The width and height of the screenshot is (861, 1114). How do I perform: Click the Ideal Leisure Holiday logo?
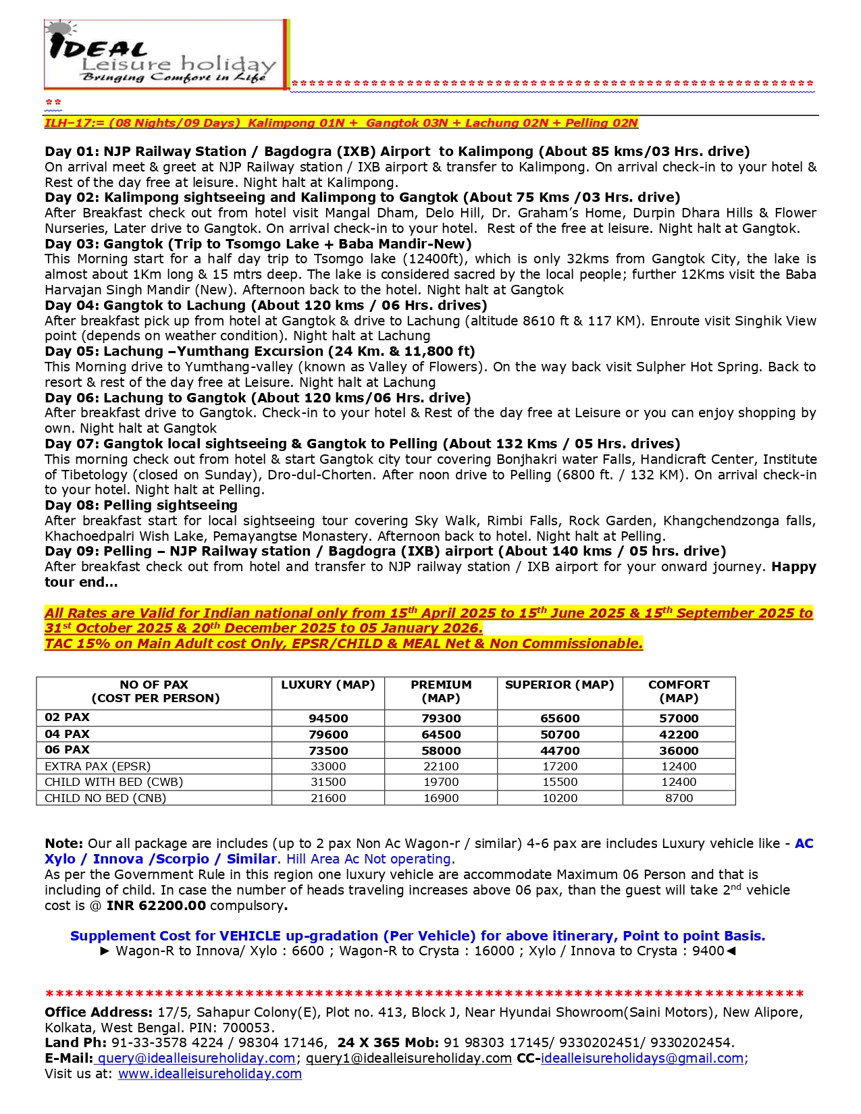(166, 54)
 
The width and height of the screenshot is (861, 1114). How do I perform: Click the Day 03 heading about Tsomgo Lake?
(258, 244)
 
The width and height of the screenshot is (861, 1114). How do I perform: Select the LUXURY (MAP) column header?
(328, 685)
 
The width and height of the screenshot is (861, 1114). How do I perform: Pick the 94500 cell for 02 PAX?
(328, 718)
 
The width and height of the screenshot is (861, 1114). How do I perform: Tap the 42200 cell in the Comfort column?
(679, 735)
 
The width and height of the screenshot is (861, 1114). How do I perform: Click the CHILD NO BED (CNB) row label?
(105, 798)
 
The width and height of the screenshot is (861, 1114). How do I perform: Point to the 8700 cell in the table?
(679, 798)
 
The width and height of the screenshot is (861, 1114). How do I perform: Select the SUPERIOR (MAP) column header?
(559, 685)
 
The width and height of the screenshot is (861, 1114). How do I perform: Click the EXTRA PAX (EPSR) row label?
(98, 766)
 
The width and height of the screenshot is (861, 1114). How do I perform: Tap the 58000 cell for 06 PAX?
(441, 751)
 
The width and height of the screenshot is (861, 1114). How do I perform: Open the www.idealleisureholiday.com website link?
(209, 1073)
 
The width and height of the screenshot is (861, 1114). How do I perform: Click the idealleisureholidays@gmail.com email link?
(642, 1058)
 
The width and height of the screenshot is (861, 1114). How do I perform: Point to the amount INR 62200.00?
(156, 905)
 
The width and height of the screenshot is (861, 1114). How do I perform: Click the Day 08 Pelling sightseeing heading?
(141, 505)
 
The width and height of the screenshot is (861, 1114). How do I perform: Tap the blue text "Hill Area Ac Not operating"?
(368, 859)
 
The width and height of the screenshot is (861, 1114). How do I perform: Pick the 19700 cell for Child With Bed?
(441, 782)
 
